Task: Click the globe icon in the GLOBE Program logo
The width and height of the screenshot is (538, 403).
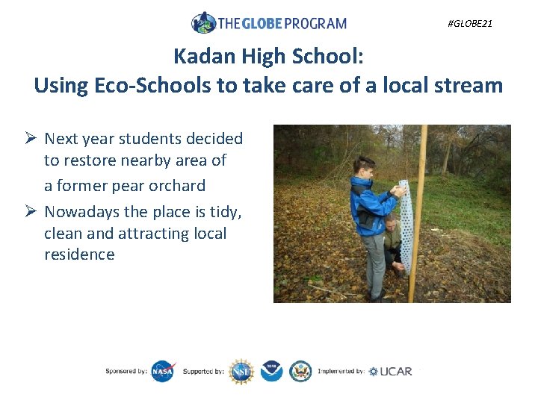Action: point(203,22)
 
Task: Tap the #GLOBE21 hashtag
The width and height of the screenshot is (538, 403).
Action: point(469,24)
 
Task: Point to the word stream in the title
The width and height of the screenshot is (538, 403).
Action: point(467,85)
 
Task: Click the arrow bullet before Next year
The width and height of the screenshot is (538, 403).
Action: point(31,139)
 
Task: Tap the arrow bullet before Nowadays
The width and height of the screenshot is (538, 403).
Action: point(31,213)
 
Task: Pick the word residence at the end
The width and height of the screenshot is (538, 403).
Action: point(79,254)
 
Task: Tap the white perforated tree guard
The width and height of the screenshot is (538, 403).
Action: point(406,224)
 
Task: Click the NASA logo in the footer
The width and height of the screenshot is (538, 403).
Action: point(163,371)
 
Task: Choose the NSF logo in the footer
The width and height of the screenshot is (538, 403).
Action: point(241,371)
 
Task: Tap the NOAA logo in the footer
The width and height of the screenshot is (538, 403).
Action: point(271,371)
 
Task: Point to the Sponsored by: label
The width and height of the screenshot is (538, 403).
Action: point(126,371)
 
